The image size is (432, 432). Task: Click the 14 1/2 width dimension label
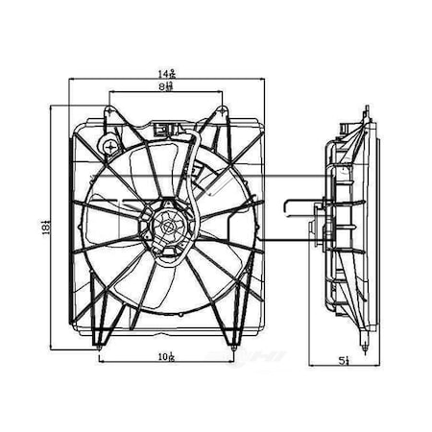point(168,73)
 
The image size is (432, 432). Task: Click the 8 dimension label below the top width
point(168,87)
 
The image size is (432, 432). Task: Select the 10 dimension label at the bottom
point(168,357)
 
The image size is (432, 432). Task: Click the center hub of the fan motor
point(169,228)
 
